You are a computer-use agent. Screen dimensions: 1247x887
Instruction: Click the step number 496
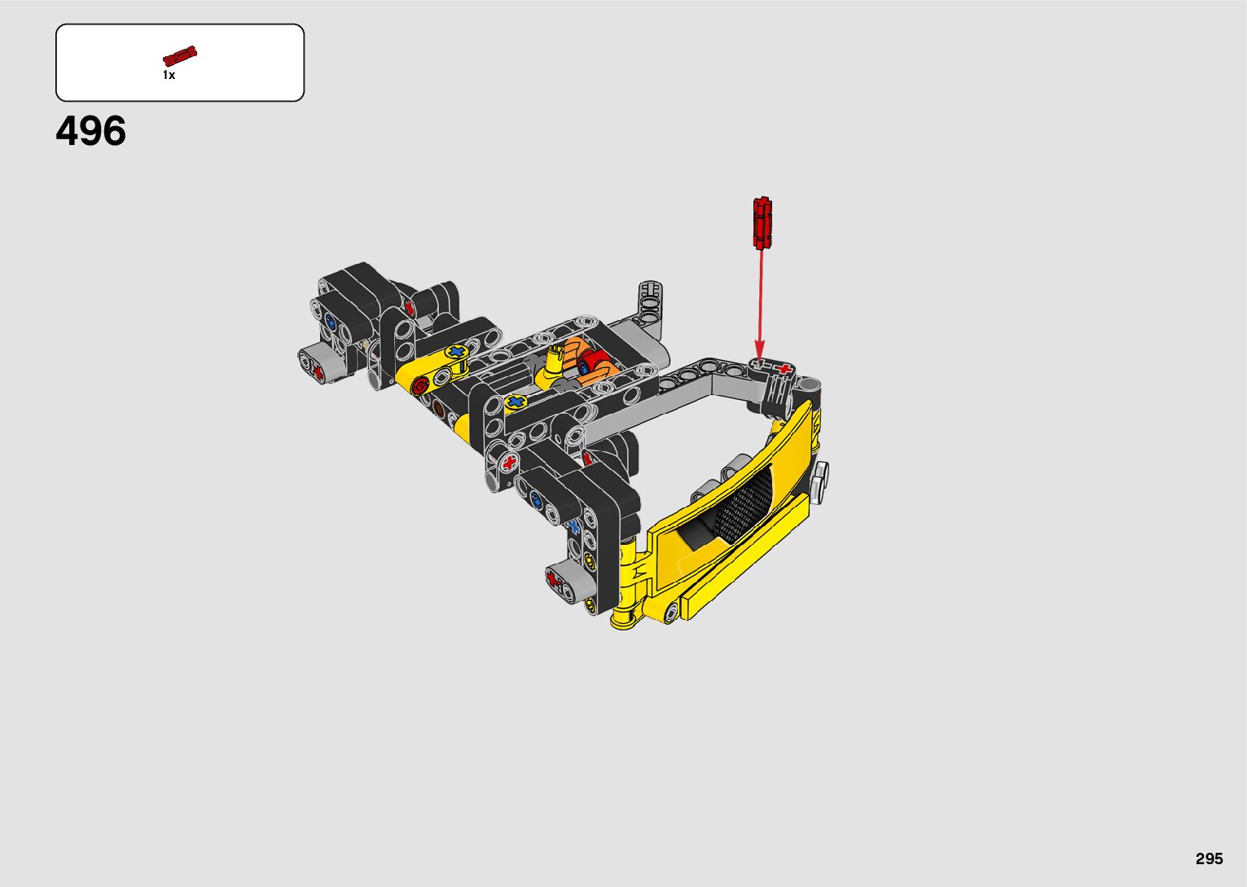click(x=90, y=131)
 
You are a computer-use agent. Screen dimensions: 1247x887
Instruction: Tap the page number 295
click(x=1210, y=858)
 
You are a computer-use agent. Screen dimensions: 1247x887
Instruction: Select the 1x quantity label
click(x=169, y=75)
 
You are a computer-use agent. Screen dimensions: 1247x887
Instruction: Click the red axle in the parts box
click(x=180, y=55)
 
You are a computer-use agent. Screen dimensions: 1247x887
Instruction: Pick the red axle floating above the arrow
click(x=762, y=222)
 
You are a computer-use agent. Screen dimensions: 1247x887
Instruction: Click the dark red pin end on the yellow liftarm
click(x=421, y=384)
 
